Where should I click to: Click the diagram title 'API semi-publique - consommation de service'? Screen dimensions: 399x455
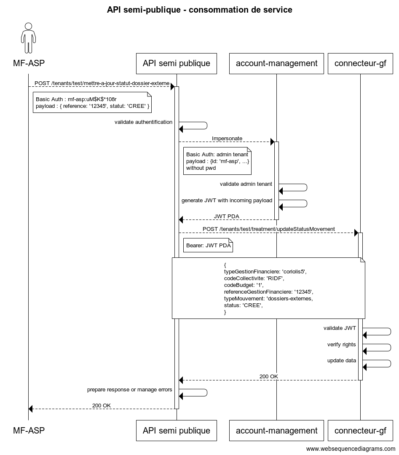click(199, 10)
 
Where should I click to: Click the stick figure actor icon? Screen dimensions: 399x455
click(28, 38)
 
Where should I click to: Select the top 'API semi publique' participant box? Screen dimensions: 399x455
click(177, 64)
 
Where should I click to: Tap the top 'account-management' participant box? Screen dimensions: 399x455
click(276, 64)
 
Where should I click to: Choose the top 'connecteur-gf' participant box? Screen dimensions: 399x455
click(360, 64)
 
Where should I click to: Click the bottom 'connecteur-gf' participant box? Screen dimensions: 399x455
click(360, 431)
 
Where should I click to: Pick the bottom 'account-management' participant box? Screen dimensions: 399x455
click(276, 431)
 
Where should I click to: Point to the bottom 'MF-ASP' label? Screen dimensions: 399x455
click(29, 430)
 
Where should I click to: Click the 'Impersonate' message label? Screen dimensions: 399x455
click(227, 139)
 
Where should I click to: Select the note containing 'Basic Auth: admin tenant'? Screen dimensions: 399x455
click(217, 161)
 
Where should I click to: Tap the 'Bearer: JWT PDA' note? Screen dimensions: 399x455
click(208, 245)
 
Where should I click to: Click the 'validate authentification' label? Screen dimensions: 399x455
click(143, 122)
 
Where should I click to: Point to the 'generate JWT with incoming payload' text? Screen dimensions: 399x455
click(227, 201)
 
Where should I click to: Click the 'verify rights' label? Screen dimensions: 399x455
click(342, 345)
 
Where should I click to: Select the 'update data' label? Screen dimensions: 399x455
click(342, 360)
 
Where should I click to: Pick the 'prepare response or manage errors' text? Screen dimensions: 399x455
click(130, 389)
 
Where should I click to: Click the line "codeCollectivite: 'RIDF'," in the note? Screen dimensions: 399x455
click(254, 278)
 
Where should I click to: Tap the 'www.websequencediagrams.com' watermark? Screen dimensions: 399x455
click(351, 449)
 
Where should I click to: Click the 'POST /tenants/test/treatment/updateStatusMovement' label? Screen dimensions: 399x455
click(269, 229)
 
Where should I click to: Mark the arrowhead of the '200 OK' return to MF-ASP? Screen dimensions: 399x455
click(30, 409)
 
